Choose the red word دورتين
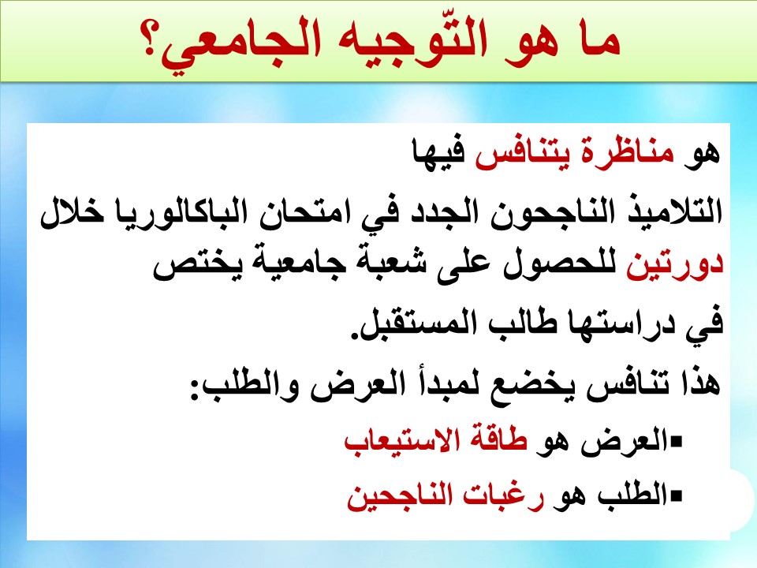[675, 267]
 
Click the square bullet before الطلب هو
[676, 495]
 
